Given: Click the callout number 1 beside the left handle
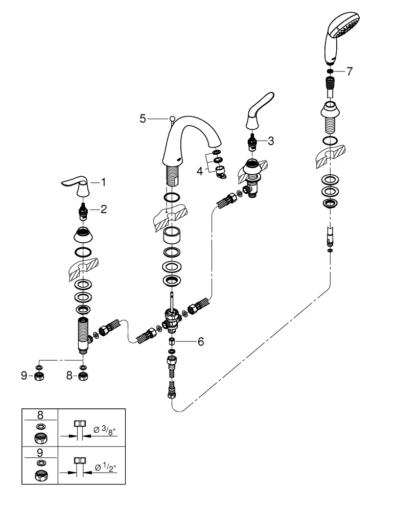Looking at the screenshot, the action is tap(103, 182).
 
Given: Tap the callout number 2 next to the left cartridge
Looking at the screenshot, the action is tap(104, 209).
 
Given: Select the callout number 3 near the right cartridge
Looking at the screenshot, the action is tap(271, 141).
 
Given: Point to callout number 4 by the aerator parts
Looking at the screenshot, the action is tap(200, 171).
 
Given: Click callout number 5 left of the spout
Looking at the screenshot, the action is tap(143, 119).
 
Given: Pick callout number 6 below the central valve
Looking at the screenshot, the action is tap(201, 341).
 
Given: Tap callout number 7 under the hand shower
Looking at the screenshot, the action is tap(350, 72).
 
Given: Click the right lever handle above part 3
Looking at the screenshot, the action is tap(260, 112).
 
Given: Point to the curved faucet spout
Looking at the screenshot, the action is tap(189, 144).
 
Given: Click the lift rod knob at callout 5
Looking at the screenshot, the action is tap(172, 119).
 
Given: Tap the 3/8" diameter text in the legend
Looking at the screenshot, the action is tap(105, 430).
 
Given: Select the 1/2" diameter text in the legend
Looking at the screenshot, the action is tap(105, 468).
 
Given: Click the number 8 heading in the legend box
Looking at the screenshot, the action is tap(40, 415).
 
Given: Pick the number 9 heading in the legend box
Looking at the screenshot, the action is tap(40, 453).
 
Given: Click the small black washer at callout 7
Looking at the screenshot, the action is tap(330, 72).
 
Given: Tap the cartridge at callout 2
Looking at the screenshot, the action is tap(83, 212).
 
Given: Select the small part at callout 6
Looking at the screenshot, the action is tap(172, 341).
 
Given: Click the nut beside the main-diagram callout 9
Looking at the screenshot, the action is tap(39, 377).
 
